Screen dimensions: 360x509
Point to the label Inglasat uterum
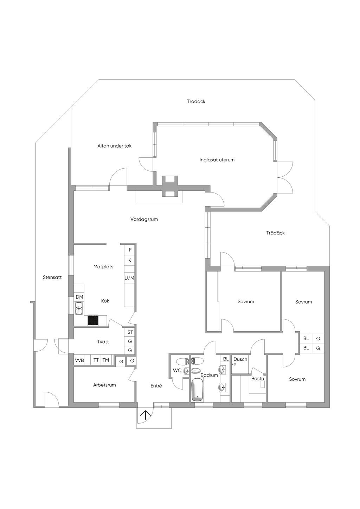(217, 160)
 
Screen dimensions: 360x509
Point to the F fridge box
(130, 250)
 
